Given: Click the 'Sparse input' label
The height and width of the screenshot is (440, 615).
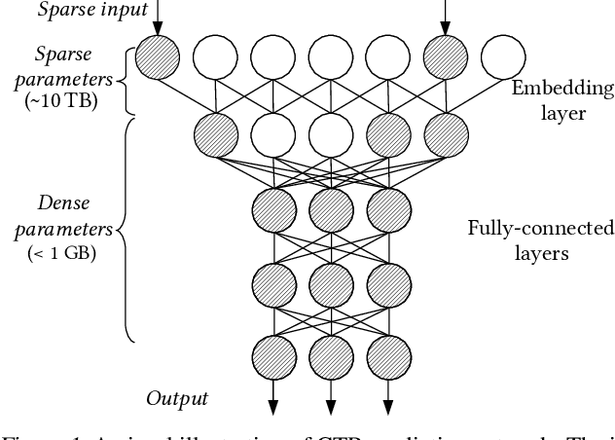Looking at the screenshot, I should click(x=79, y=10).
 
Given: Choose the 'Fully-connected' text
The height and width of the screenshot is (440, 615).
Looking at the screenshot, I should click(x=554, y=229).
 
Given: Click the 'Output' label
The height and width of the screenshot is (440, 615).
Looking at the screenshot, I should click(x=177, y=397).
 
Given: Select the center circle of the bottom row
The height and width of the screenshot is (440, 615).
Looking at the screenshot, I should click(x=330, y=352).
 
